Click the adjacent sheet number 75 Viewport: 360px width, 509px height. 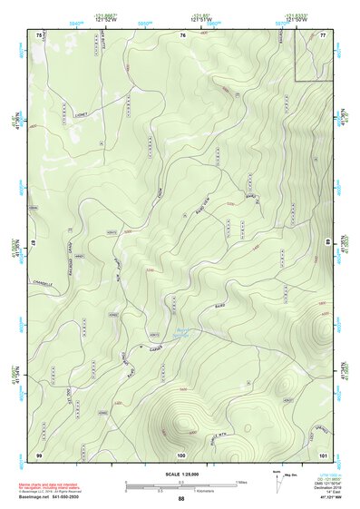click(x=39, y=34)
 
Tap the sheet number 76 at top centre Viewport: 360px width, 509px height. click(x=182, y=34)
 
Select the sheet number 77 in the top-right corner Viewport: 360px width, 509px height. click(x=324, y=34)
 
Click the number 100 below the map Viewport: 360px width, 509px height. click(x=181, y=454)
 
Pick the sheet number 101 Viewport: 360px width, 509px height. click(x=323, y=454)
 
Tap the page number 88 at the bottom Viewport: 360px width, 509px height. click(x=181, y=499)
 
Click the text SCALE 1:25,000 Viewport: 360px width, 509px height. click(x=180, y=474)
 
